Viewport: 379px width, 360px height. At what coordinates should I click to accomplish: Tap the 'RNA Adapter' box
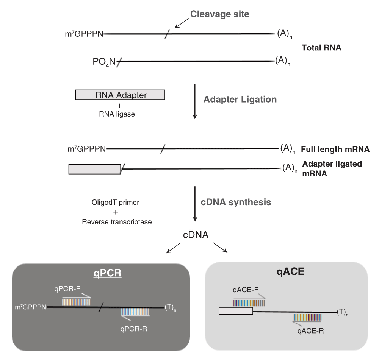120,95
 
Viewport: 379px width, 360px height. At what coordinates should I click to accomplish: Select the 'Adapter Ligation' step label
240,100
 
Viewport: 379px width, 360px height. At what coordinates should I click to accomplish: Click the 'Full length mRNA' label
335,149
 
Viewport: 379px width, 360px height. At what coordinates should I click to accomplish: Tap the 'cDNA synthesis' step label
236,202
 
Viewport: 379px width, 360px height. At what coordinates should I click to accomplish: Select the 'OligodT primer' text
117,203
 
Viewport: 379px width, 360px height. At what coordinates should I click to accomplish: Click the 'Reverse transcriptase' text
117,222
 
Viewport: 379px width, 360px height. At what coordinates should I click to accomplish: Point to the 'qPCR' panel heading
108,273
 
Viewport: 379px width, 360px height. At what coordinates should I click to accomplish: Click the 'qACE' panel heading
286,273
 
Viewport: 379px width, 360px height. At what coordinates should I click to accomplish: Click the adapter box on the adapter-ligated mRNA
94,169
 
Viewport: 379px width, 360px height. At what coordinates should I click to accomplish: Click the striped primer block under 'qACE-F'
249,303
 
